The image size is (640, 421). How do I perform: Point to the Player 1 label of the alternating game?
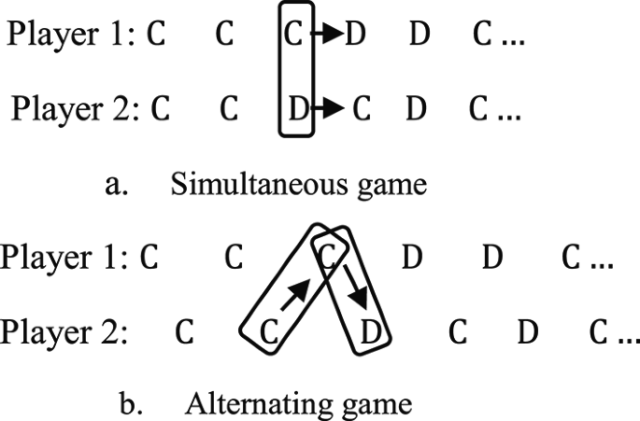pyautogui.click(x=64, y=258)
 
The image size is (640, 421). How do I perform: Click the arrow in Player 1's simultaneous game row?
pyautogui.click(x=326, y=36)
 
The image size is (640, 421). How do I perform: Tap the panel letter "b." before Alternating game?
pyautogui.click(x=132, y=404)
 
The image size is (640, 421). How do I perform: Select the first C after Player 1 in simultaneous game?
pyautogui.click(x=155, y=36)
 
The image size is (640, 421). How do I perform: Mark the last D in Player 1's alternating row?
pyautogui.click(x=492, y=259)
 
